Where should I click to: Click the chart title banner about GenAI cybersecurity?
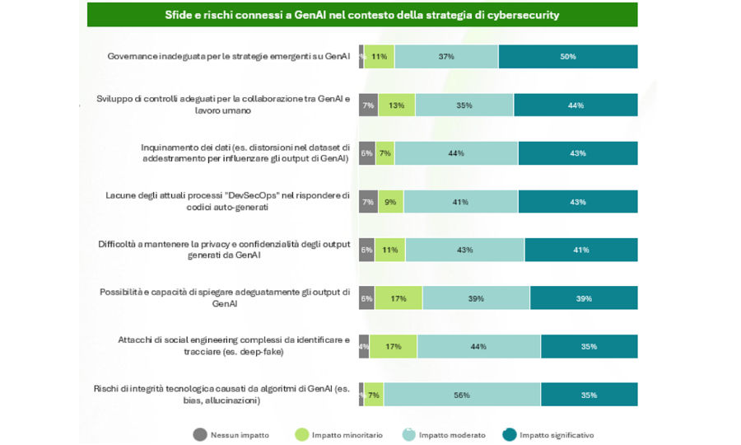(362, 15)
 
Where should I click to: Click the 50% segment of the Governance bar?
(568, 57)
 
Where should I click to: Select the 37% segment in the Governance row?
(446, 57)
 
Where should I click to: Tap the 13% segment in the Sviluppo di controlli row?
(396, 105)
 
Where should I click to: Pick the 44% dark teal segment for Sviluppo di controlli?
(576, 105)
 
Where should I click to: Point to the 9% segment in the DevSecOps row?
(389, 202)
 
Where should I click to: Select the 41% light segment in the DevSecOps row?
(460, 202)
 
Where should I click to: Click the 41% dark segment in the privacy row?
(580, 250)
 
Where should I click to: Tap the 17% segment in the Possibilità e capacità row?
(398, 298)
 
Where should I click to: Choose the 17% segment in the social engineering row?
(393, 346)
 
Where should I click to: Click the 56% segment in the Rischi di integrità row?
(462, 395)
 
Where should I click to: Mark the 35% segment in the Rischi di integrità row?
(589, 395)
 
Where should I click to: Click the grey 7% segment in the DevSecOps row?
(367, 202)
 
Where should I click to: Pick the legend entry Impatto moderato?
(445, 434)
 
